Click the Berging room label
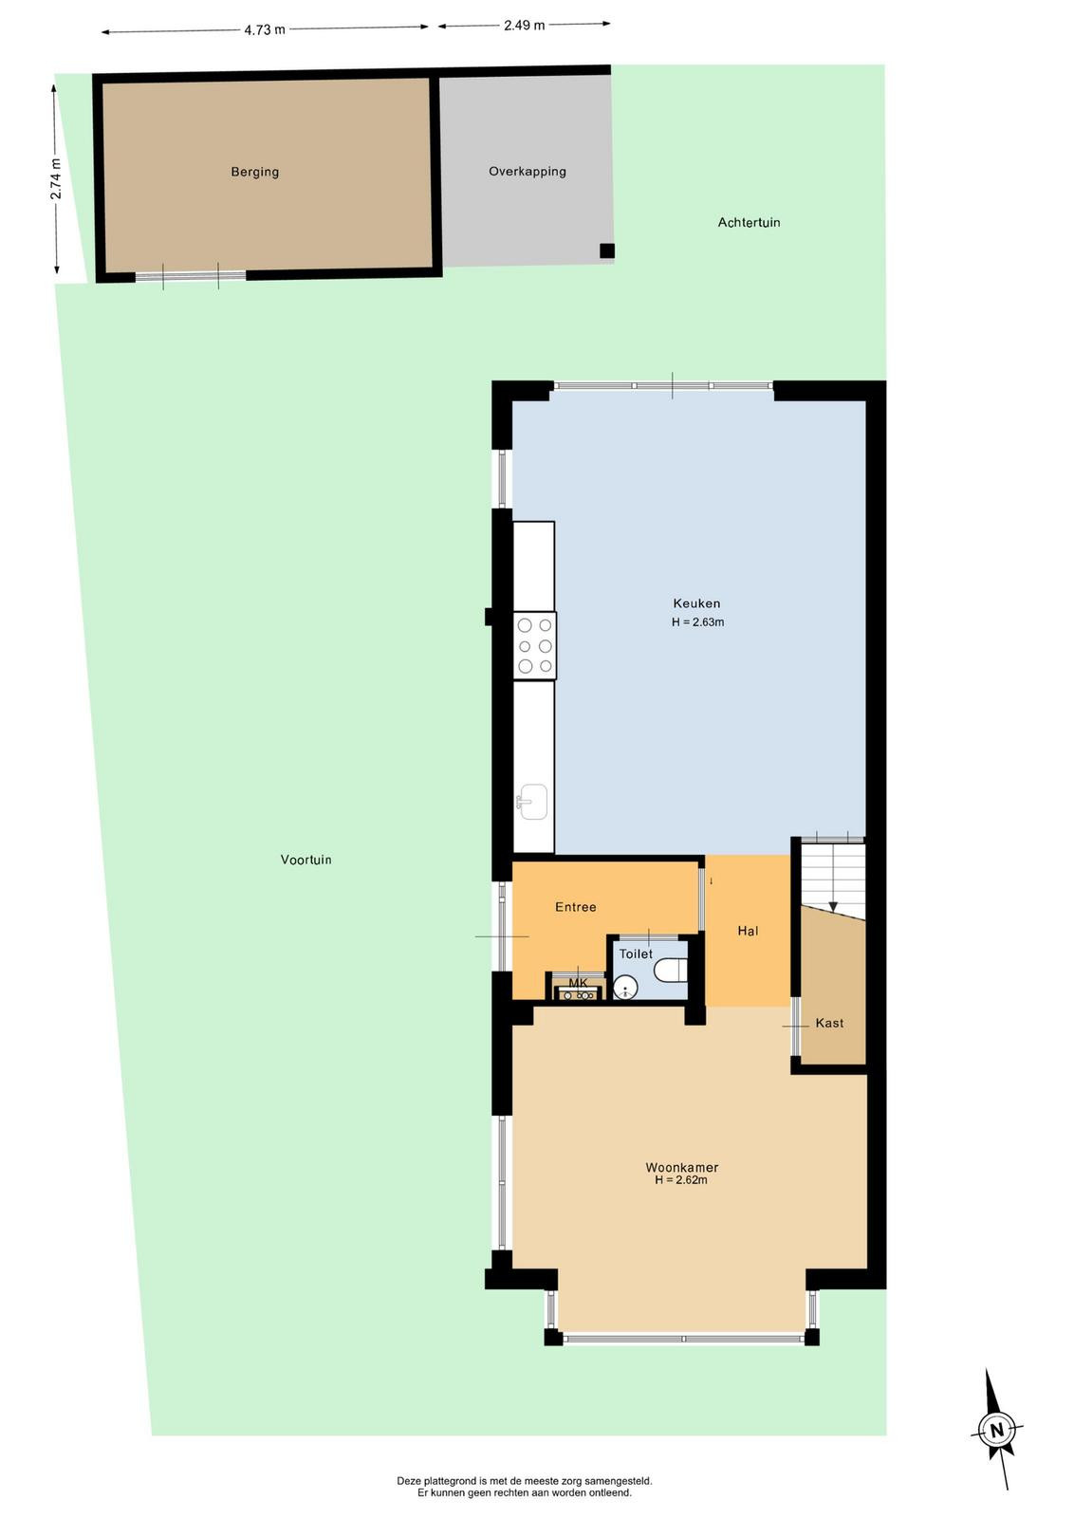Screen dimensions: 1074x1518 pos(255,172)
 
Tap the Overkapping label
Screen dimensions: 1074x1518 pos(528,172)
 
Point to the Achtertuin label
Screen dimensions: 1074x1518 pos(749,222)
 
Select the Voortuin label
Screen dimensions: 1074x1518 pos(306,860)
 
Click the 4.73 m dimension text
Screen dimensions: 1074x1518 pos(265,29)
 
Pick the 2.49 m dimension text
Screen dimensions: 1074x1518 pos(524,26)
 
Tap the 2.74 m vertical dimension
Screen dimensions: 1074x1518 pos(56,179)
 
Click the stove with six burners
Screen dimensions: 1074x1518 pos(535,646)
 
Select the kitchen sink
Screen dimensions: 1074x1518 pos(532,802)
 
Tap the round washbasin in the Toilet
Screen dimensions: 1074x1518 pos(624,988)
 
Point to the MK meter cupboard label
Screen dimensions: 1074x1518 pos(578,983)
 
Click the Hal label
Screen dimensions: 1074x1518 pos(748,931)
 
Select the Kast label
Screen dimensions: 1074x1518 pos(829,1024)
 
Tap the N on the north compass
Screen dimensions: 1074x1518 pos(996,1432)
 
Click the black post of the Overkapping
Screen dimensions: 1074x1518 pos(607,250)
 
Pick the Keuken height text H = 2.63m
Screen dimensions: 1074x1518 pos(698,622)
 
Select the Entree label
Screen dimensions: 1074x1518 pos(575,907)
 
